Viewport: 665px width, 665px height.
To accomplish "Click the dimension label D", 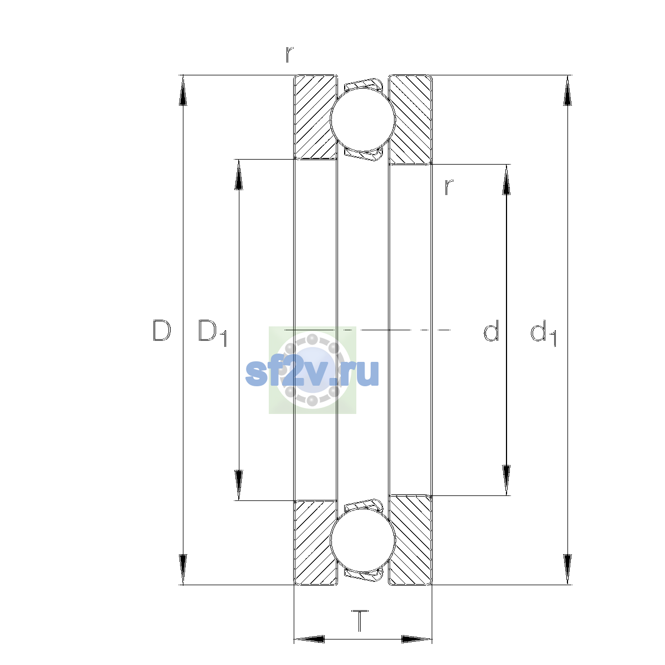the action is coord(161,330).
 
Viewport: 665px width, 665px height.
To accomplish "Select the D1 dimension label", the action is coord(212,332).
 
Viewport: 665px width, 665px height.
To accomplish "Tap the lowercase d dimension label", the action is coord(491,330).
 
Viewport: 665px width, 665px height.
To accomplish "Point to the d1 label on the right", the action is coord(543,332).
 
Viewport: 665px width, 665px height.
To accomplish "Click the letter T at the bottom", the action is coord(360,621).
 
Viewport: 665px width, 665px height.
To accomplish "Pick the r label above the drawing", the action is coord(289,54).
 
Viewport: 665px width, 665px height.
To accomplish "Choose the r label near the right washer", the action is coord(449,187).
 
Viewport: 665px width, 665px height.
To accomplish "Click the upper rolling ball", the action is coord(362,119).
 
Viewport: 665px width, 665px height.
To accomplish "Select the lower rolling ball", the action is coord(362,541).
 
